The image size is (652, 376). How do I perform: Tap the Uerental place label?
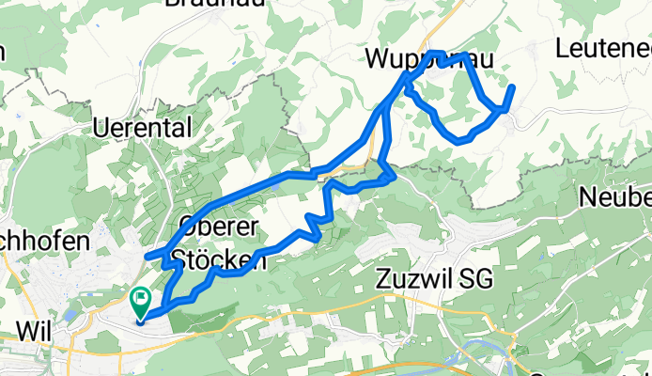pos(145,127)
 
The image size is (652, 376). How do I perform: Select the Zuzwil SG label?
pos(432,279)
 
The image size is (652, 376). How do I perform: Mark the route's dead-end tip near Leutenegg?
pos(513,87)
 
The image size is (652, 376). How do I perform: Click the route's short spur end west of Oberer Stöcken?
pos(147,256)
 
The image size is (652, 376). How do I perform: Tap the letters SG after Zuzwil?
pos(473,279)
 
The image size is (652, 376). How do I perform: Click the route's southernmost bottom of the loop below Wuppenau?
pos(460,140)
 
